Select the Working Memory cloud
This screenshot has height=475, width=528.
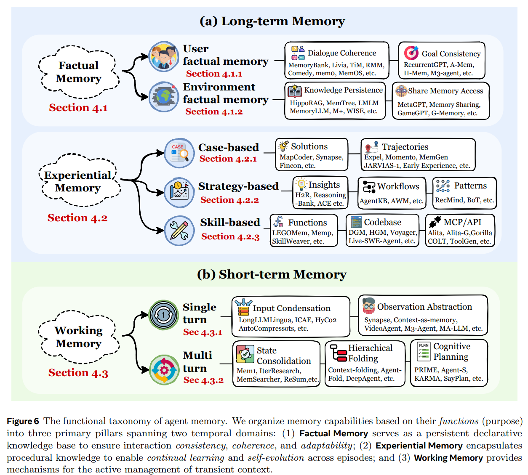click(79, 337)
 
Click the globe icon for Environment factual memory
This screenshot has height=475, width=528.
click(164, 97)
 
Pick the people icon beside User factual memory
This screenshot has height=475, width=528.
click(164, 56)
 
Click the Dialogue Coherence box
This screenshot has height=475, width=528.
click(336, 60)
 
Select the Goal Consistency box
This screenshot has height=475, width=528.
click(442, 60)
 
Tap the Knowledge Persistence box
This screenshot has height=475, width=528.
click(335, 101)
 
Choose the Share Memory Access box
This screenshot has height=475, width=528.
click(440, 101)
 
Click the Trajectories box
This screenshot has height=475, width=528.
click(418, 155)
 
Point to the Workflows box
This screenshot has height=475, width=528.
click(392, 193)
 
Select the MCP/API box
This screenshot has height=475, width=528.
click(460, 231)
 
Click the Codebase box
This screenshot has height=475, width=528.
click(382, 231)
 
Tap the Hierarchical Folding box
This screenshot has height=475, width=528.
click(365, 364)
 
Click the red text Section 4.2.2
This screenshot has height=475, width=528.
click(229, 200)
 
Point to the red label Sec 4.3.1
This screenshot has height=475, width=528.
click(203, 332)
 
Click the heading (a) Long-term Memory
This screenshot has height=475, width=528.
click(272, 21)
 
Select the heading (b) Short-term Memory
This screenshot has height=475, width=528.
click(272, 274)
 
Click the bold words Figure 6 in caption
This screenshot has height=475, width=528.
click(23, 421)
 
